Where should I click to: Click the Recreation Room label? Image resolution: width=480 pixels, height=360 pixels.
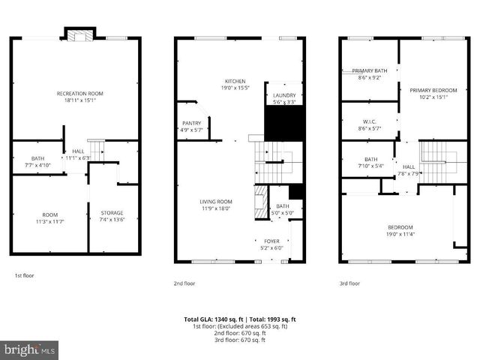pyautogui.click(x=79, y=93)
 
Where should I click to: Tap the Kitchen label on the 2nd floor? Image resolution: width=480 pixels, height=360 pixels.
pyautogui.click(x=235, y=81)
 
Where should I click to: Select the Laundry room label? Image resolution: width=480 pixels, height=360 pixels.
pyautogui.click(x=284, y=95)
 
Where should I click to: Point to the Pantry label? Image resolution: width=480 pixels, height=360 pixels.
pyautogui.click(x=191, y=123)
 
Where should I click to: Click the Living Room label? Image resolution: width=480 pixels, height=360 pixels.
pyautogui.click(x=215, y=201)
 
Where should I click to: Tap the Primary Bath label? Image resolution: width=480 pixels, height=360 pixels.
pyautogui.click(x=370, y=70)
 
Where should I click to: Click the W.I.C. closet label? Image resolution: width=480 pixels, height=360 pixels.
pyautogui.click(x=369, y=121)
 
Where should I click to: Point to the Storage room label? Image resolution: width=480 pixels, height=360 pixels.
pyautogui.click(x=112, y=213)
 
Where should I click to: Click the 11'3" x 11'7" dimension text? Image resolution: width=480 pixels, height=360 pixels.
pyautogui.click(x=49, y=221)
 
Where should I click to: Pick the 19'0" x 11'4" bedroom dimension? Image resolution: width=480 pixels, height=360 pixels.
pyautogui.click(x=399, y=233)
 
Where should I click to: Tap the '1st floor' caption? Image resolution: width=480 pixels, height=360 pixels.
pyautogui.click(x=24, y=275)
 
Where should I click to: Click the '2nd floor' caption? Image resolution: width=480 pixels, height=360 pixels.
pyautogui.click(x=185, y=283)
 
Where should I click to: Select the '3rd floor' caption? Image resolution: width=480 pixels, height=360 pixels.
pyautogui.click(x=349, y=283)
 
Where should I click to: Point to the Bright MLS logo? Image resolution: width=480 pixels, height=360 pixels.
pyautogui.click(x=30, y=349)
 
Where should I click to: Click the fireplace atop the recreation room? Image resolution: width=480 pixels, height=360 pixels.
pyautogui.click(x=79, y=34)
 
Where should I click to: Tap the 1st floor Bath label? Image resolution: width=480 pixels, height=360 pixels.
pyautogui.click(x=37, y=158)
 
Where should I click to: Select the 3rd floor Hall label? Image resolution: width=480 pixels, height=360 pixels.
pyautogui.click(x=408, y=166)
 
